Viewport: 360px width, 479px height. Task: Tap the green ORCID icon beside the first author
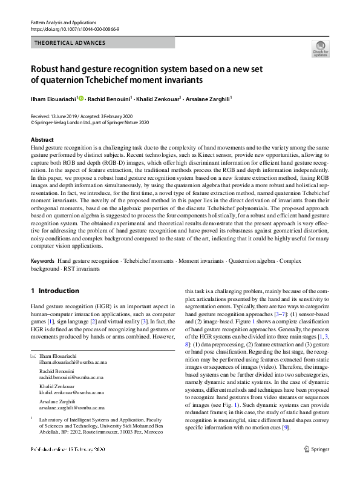[81, 97]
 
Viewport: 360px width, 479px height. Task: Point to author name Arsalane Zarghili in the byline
[208, 98]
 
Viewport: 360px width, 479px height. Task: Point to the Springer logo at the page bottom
[316, 466]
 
